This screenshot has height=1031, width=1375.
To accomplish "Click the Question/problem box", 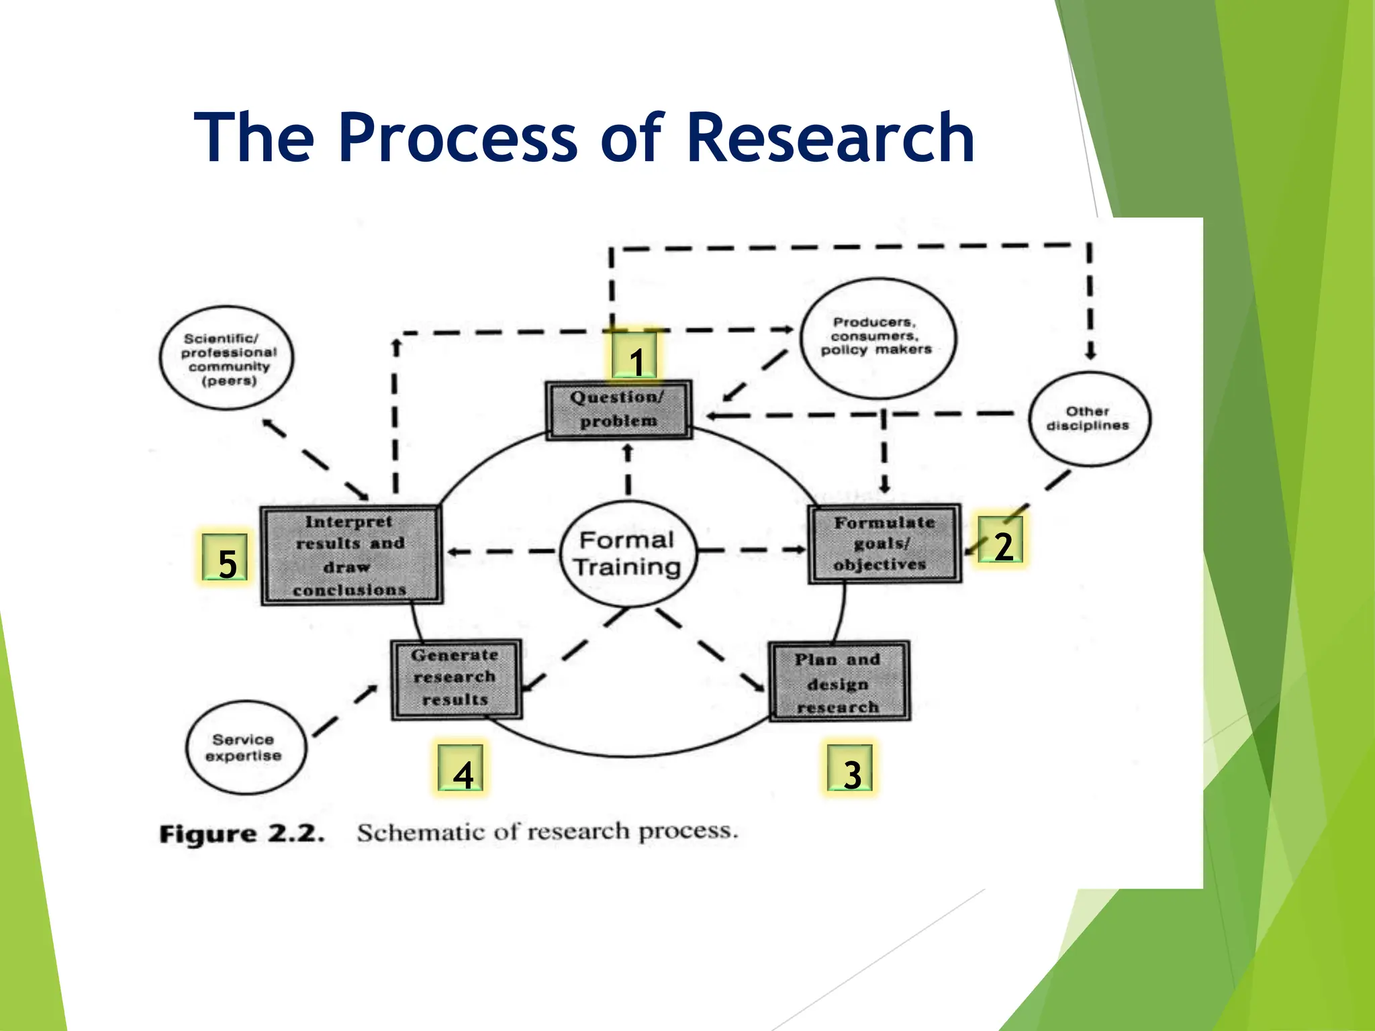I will pos(618,409).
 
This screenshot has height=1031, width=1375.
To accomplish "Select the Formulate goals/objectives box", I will pos(884,544).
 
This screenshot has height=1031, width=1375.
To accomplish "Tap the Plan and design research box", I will pos(839,682).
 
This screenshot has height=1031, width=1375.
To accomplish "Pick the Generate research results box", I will pos(456,679).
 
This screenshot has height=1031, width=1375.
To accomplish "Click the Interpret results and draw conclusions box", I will pos(350,555).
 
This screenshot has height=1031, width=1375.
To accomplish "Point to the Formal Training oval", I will pos(628,553).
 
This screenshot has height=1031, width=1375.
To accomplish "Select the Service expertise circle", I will pos(245,747).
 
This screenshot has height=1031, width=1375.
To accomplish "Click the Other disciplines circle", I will pos(1088,418).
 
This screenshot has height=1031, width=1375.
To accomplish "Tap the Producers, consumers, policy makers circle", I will pos(877,338).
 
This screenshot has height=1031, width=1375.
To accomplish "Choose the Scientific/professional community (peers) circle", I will pos(227,358).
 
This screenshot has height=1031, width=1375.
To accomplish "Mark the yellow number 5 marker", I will pos(226,559).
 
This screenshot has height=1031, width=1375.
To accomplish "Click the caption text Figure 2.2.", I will pos(242,834).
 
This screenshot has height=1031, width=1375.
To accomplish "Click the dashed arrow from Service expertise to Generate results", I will pos(345,711).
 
